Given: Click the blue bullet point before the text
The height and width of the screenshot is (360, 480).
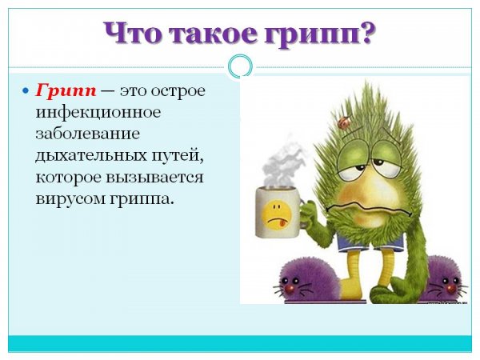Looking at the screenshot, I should tap(26, 91).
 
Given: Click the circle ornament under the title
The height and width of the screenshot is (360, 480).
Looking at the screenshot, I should tap(239, 66).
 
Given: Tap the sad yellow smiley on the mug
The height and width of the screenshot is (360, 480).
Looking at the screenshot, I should tap(275, 210).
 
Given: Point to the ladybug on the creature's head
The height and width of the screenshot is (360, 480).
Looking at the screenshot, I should tap(345, 123).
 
